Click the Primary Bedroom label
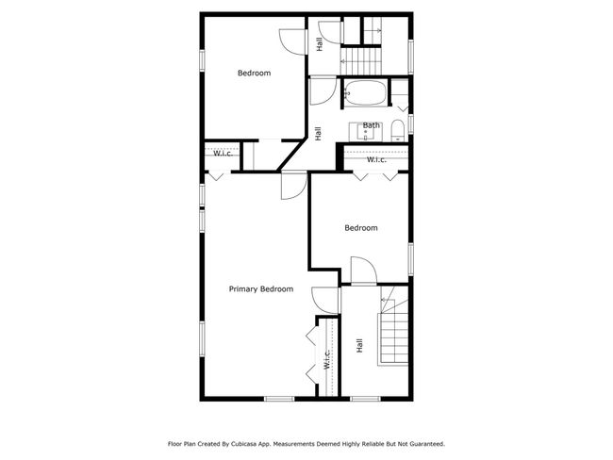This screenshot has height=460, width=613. click(260, 289)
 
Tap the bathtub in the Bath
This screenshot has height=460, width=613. click(366, 92)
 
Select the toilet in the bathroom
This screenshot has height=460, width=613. click(398, 130)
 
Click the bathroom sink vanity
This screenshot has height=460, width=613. click(366, 132)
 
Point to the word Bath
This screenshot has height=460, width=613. click(371, 125)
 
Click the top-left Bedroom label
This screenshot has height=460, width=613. click(254, 74)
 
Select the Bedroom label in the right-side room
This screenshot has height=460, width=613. click(361, 228)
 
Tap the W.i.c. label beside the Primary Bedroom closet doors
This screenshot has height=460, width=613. click(327, 359)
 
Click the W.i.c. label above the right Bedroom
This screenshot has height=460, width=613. click(376, 160)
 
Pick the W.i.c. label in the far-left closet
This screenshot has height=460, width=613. click(223, 154)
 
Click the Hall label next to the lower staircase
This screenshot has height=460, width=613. click(359, 346)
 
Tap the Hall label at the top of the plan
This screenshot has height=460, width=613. click(320, 44)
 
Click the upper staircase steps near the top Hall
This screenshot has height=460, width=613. click(360, 60)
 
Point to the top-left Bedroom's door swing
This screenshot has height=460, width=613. click(292, 41)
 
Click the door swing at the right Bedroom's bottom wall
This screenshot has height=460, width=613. click(364, 270)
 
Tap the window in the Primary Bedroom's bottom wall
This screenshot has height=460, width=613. click(279, 399)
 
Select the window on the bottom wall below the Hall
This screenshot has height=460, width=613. click(365, 399)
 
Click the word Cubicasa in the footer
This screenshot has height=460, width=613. click(242, 444)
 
